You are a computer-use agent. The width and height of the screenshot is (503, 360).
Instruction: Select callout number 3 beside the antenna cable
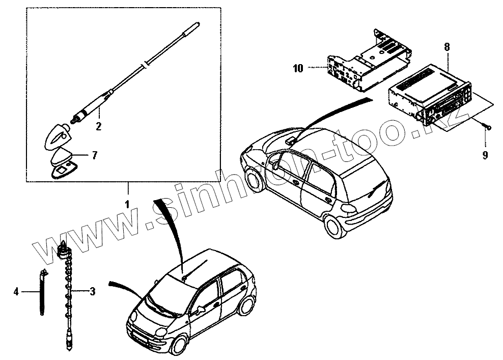point(92,291)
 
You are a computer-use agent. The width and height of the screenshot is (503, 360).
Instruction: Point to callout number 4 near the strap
point(16,291)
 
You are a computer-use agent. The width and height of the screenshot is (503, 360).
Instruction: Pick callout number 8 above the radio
point(446,46)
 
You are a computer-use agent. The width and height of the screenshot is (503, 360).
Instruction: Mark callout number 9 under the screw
point(485,155)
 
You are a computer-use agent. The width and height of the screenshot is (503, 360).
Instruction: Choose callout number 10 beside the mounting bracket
point(298,67)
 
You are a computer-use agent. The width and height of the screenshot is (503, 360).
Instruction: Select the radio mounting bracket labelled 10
point(367,61)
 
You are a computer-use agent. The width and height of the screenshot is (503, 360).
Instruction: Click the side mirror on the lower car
point(202,309)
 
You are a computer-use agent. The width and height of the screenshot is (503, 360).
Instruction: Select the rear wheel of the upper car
point(333,227)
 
